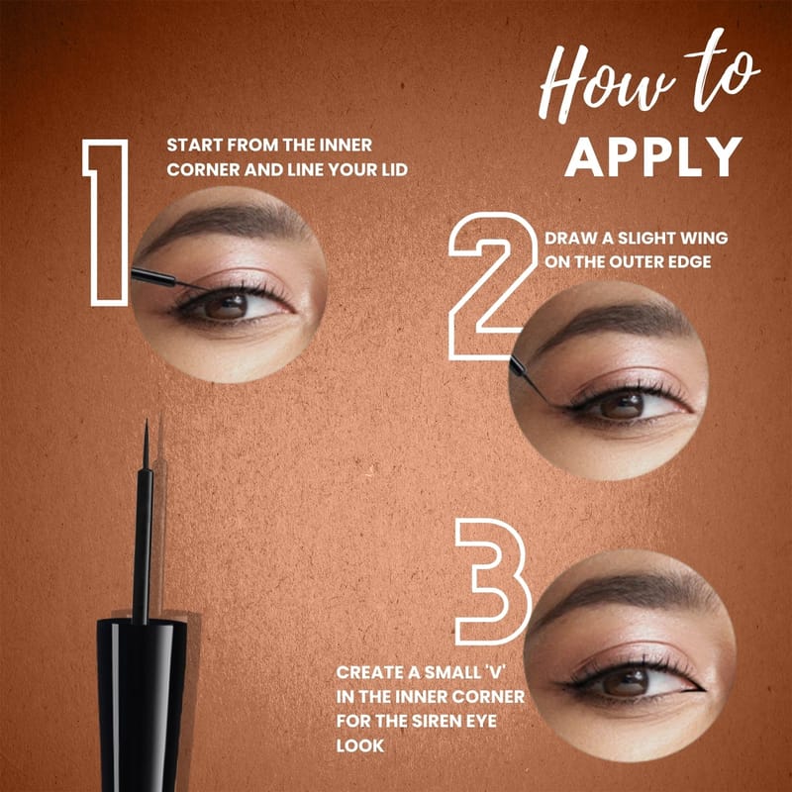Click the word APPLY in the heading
tap(653, 156)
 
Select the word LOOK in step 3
tap(360, 745)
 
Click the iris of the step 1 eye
tap(226, 306)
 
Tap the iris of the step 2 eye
tap(622, 404)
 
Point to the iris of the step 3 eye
tap(626, 680)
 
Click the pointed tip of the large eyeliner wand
tap(147, 420)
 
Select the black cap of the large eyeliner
tap(142, 706)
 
